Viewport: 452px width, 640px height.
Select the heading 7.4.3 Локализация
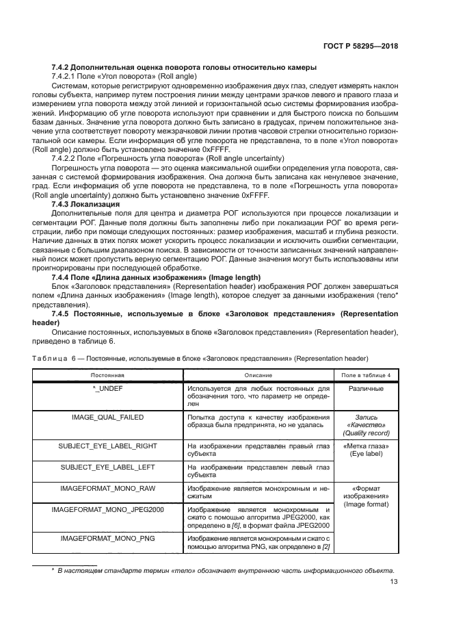pos(85,205)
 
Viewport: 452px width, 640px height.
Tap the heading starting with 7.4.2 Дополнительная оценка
pos(184,67)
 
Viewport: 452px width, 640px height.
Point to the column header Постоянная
pos(109,375)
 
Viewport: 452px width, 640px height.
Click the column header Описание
pos(258,375)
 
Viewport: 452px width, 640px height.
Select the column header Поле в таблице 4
pos(366,375)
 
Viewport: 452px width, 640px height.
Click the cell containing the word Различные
pos(366,389)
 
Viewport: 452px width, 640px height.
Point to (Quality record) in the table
pos(366,433)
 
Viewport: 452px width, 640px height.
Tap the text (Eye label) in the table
pos(366,453)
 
